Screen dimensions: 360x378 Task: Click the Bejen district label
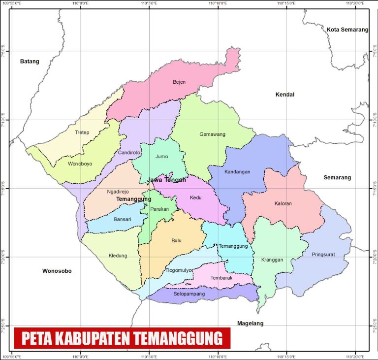(179, 82)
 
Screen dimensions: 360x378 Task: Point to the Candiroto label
(129, 153)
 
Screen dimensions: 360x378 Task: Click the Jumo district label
(161, 157)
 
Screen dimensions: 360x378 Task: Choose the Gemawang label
(212, 134)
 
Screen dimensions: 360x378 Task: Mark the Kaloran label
(283, 203)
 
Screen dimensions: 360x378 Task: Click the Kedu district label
(196, 197)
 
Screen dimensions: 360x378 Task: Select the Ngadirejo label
(119, 192)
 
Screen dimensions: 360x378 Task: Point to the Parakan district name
(160, 209)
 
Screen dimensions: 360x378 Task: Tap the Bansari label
(123, 220)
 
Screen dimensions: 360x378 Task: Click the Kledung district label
(118, 256)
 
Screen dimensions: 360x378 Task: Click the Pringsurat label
(323, 255)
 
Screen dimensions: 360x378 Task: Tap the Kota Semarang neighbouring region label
(347, 30)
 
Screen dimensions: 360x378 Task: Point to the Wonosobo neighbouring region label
(57, 271)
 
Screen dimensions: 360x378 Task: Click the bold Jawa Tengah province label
(167, 180)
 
